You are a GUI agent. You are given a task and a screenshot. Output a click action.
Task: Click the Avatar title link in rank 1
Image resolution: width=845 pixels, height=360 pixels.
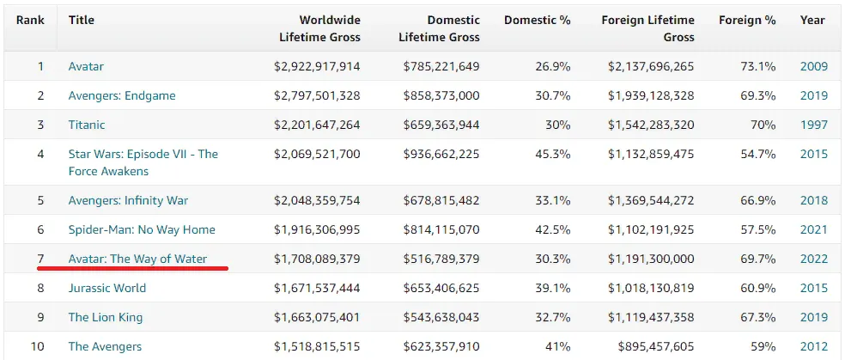tap(86, 67)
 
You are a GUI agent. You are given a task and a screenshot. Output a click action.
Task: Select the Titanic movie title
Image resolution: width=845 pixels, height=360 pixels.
tap(87, 125)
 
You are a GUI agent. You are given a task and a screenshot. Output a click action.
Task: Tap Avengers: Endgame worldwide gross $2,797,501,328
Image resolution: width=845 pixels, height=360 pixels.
tap(317, 96)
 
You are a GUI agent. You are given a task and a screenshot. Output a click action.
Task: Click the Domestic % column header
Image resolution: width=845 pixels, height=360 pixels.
tap(538, 21)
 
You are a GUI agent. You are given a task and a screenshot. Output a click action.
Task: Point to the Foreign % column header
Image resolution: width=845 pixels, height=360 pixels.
tap(747, 21)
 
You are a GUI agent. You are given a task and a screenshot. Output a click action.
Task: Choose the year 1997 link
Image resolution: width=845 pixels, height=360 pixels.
tap(814, 125)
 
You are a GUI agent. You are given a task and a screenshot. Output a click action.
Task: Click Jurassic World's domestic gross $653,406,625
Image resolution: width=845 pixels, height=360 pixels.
tap(441, 289)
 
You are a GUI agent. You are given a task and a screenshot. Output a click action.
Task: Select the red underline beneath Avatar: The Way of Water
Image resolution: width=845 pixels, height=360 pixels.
tap(132, 267)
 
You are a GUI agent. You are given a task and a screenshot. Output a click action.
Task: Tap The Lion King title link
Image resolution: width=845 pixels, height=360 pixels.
tap(106, 317)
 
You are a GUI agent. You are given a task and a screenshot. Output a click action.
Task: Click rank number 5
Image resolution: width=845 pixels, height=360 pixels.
tap(40, 200)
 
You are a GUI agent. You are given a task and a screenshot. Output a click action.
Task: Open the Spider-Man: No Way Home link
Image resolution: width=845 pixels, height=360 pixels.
tap(142, 230)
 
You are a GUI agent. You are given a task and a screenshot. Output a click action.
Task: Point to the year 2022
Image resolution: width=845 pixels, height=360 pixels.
tap(814, 259)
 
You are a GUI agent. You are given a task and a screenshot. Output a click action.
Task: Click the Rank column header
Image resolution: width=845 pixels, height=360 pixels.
tap(30, 21)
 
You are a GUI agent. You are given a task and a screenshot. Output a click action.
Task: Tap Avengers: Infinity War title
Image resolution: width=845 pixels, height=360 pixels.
tap(128, 201)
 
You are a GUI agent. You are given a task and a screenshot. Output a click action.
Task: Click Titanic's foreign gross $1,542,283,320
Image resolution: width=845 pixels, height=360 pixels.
tap(651, 125)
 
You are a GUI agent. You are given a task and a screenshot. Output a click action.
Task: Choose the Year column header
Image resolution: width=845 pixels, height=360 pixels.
tap(812, 21)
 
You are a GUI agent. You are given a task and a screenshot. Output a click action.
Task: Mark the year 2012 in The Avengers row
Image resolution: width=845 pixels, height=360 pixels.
tap(814, 346)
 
